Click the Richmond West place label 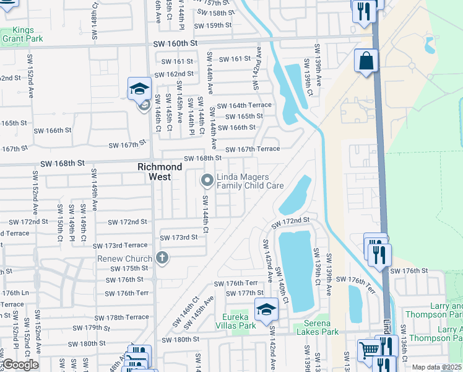[160, 172]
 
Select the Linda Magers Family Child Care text [249, 181]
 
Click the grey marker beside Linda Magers [207, 180]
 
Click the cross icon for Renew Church [162, 257]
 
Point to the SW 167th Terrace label [252, 149]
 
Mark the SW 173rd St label [178, 237]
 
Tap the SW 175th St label [129, 268]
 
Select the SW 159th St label [212, 25]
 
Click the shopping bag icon [366, 61]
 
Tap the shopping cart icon [369, 349]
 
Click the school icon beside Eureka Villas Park [266, 308]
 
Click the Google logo [20, 365]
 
